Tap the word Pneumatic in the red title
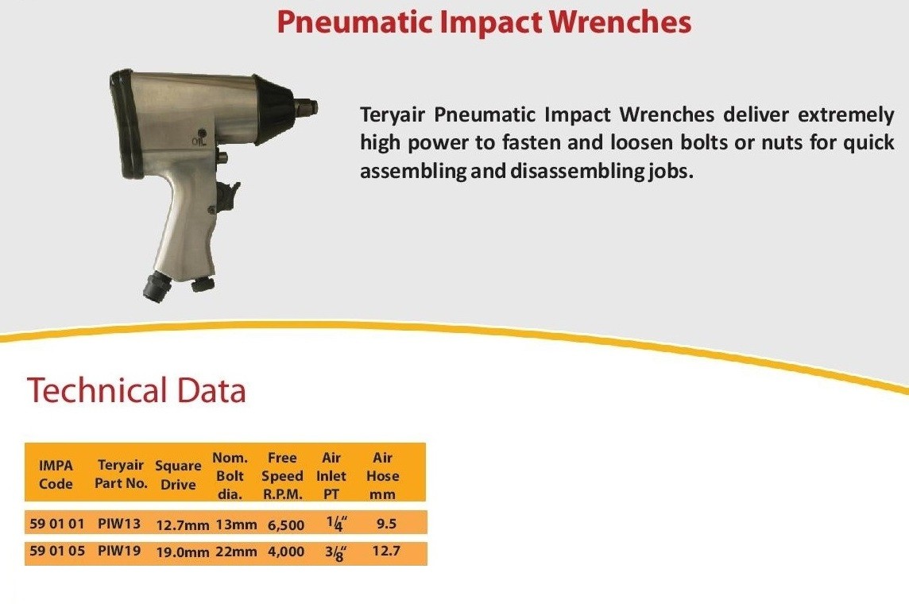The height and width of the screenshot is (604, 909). pyautogui.click(x=355, y=23)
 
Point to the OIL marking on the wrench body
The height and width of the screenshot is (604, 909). pyautogui.click(x=199, y=141)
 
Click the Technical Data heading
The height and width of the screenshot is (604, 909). pyautogui.click(x=137, y=389)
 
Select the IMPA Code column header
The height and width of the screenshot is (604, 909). pyautogui.click(x=56, y=474)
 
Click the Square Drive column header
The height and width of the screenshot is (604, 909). pyautogui.click(x=178, y=474)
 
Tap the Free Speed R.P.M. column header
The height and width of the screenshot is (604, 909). pyautogui.click(x=282, y=476)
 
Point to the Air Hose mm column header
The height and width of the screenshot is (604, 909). pyautogui.click(x=383, y=476)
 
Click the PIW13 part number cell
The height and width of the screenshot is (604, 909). pyautogui.click(x=119, y=524)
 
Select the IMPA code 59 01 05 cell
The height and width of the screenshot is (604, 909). pyautogui.click(x=57, y=550)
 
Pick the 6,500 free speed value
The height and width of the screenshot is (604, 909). pyautogui.click(x=286, y=525)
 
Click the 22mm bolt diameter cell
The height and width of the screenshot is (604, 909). pyautogui.click(x=236, y=552)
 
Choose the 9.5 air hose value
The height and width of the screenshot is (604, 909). pyautogui.click(x=386, y=524)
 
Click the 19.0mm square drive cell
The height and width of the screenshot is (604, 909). pyautogui.click(x=183, y=552)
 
